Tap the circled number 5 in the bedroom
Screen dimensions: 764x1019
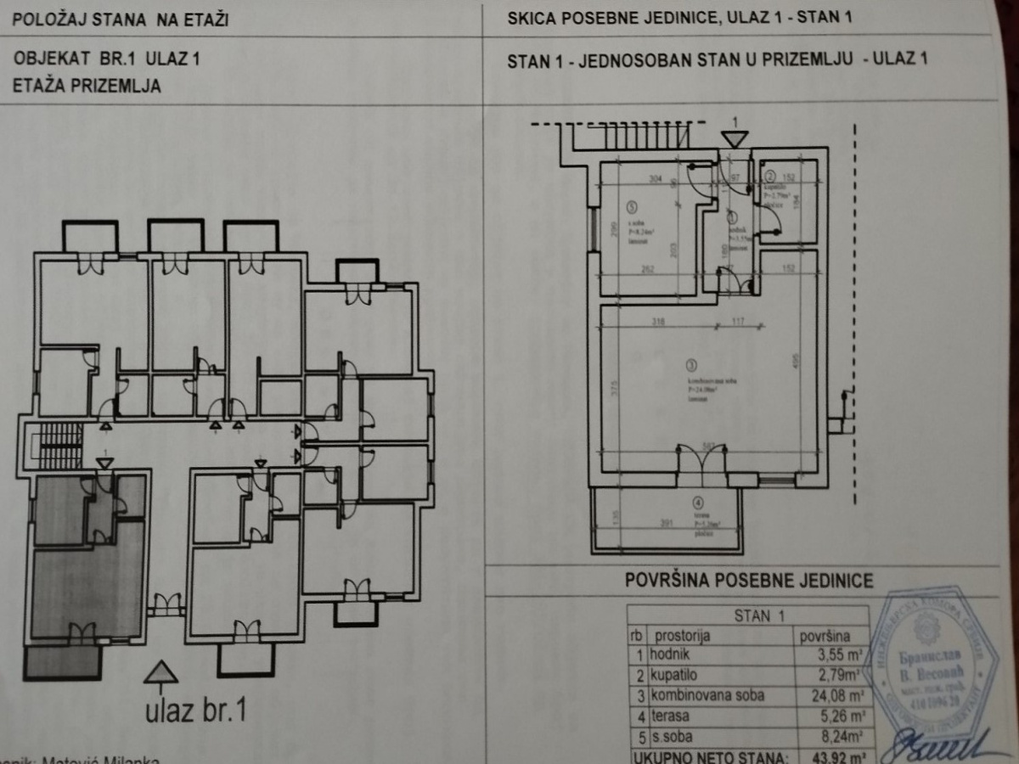631,205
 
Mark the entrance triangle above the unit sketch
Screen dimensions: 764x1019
735,137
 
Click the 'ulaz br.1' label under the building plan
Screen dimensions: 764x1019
194,709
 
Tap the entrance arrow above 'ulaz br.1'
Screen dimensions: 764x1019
160,672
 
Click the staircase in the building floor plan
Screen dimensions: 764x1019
59,439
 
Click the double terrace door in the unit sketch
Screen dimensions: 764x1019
701,465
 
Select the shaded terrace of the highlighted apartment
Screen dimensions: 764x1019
62,661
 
